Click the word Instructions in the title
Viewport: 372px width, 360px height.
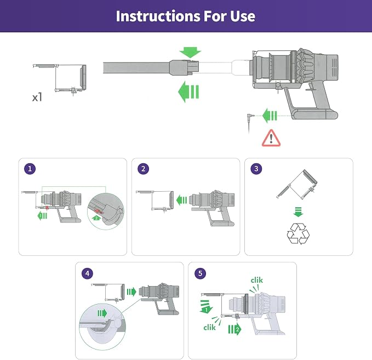(158, 16)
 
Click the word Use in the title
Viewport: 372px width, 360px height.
(243, 16)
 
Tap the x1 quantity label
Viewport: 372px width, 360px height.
(37, 97)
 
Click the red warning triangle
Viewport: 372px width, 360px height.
(271, 138)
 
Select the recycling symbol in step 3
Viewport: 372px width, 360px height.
(298, 233)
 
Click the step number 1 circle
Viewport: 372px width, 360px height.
(30, 169)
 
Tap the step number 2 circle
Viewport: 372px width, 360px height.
(144, 169)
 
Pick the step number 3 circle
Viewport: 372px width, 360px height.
(256, 169)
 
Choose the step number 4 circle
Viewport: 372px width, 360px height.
(87, 273)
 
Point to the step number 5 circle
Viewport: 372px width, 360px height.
(200, 273)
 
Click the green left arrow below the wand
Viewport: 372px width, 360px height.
(188, 92)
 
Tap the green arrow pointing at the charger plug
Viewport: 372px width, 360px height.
(270, 116)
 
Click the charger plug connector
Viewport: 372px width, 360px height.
(250, 117)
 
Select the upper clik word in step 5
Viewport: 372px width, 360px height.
(257, 280)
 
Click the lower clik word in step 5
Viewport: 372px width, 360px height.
(209, 328)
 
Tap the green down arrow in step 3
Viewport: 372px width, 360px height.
(298, 212)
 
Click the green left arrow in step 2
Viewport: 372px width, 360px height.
(182, 201)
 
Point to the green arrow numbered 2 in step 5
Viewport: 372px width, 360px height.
(234, 329)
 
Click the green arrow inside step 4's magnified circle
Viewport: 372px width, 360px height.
(102, 313)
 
